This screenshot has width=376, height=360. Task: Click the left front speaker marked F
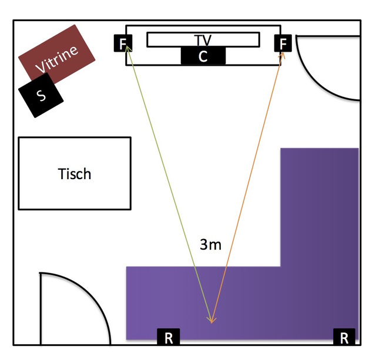pos(123,43)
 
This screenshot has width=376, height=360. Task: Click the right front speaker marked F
pos(283,43)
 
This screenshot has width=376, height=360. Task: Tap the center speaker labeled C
pos(203,56)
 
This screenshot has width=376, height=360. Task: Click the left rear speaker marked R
pos(169,337)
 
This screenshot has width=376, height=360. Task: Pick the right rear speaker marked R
pos(344,337)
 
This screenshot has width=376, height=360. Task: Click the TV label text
pos(203,39)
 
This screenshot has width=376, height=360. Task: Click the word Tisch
pos(75,174)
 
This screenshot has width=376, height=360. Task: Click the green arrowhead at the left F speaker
pos(126,52)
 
